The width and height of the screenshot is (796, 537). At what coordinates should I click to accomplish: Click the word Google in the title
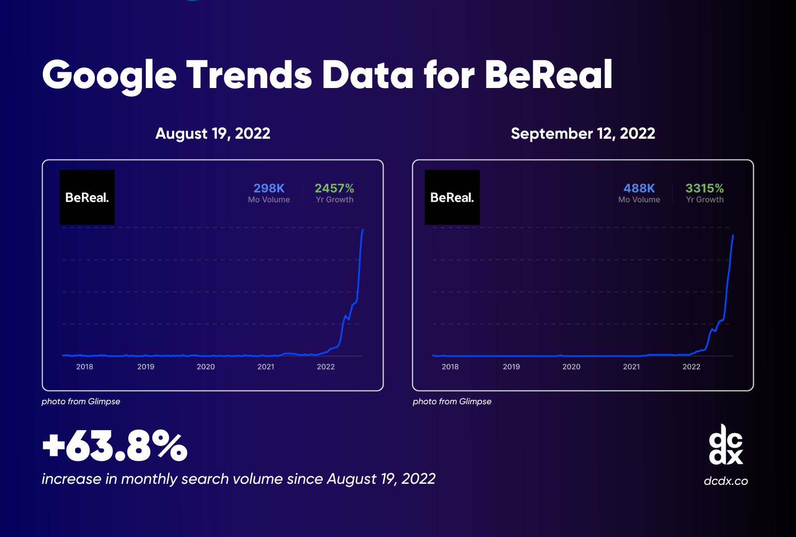pos(109,76)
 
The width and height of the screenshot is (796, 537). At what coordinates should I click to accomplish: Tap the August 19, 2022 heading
pos(212,134)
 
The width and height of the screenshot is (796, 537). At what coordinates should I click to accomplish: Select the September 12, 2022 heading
pos(583,134)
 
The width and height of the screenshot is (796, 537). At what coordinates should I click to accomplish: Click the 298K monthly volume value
pos(269,188)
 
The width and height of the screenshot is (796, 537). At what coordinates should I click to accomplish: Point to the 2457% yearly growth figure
pos(334,188)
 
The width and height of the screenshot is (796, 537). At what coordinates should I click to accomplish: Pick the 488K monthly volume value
pos(639,188)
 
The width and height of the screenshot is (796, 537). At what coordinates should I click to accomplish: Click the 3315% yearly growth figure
pos(704,188)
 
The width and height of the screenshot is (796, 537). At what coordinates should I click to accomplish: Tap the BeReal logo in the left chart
pos(87,197)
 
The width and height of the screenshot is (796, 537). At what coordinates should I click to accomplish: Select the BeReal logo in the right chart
pos(452,197)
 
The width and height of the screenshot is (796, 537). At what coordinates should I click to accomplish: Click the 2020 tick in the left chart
pos(205,367)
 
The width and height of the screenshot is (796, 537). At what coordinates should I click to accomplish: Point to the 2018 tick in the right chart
pos(450,367)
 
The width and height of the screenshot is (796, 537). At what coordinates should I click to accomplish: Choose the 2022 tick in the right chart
pos(691,367)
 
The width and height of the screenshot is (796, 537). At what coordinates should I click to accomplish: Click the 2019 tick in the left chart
pos(145,367)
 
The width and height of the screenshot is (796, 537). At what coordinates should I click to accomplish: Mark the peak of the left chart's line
pos(363,230)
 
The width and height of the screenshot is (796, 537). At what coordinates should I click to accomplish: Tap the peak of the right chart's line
pos(733,236)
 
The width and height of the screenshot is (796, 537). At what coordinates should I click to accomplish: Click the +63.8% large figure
pos(114,446)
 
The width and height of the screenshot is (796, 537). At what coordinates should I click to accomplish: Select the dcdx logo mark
pos(725,445)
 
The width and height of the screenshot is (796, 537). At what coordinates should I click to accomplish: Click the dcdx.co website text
pos(725,481)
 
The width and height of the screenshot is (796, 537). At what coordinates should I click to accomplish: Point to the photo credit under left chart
pos(81,401)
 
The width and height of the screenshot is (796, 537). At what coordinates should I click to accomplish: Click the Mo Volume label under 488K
pos(639,200)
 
